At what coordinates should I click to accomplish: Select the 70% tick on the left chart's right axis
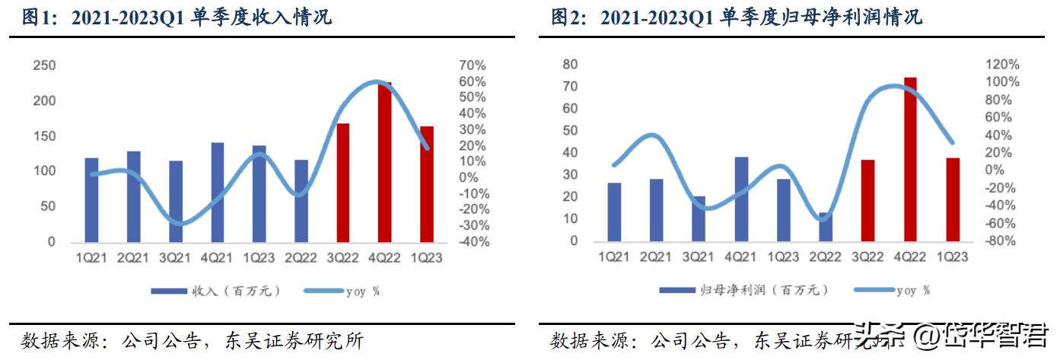472,65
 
